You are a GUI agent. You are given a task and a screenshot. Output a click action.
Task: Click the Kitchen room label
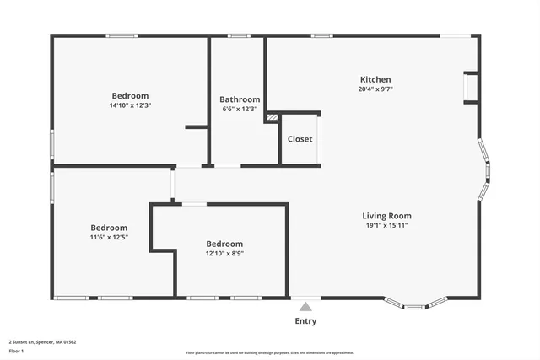tap(375, 79)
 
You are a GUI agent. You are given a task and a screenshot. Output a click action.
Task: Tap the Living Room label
tap(387, 216)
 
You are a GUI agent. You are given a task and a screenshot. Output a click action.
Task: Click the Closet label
tap(300, 139)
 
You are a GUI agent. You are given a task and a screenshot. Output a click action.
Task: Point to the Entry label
tap(305, 320)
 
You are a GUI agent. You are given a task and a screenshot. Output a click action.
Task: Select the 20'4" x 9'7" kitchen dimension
tap(375, 89)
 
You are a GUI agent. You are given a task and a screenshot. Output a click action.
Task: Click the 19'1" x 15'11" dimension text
tap(387, 226)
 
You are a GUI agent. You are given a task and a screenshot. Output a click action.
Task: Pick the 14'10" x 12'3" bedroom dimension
tap(130, 106)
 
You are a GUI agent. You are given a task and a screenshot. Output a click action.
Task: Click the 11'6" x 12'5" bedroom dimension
tap(109, 238)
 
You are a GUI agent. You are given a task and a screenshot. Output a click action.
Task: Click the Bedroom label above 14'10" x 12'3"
tap(130, 96)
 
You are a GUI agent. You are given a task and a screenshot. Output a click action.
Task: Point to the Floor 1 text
tap(16, 351)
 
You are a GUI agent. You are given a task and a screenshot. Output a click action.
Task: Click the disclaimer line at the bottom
tap(269, 352)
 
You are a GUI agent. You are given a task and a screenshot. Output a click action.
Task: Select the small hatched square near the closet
tap(272, 117)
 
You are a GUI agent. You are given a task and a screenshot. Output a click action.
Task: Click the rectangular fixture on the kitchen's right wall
tap(471, 89)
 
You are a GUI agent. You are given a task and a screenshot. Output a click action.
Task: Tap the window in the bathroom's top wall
tap(240, 35)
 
